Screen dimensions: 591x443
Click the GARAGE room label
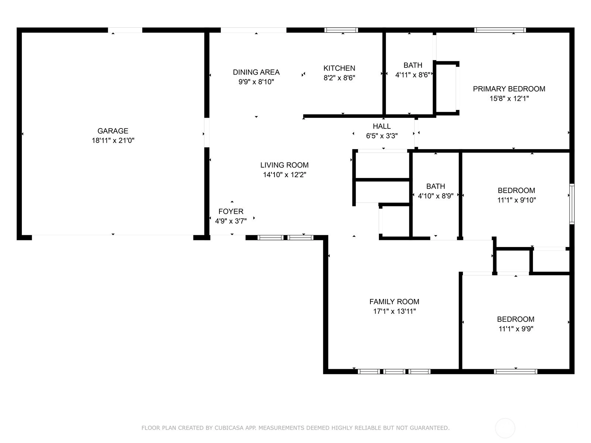pos(113,131)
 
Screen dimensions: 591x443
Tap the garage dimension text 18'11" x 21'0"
pos(113,140)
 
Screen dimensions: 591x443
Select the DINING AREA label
pos(256,72)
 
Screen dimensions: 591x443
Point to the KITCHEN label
pos(339,68)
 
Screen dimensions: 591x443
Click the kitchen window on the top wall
pos(341,30)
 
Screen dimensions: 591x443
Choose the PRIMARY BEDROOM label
pos(509,89)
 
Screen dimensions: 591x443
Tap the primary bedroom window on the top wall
pos(500,30)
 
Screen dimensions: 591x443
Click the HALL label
pos(382,126)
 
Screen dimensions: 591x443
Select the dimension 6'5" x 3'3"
pos(382,136)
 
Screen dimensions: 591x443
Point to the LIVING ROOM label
pos(284,165)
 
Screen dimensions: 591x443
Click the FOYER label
pos(231,212)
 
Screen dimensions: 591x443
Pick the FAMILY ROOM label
pos(394,302)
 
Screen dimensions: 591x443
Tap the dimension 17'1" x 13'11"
pos(394,311)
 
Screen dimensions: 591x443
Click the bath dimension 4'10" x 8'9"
pos(435,196)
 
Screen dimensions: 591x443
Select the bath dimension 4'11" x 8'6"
pos(413,75)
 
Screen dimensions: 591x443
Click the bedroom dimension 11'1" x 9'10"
pos(516,200)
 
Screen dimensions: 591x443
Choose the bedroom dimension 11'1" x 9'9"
pos(516,329)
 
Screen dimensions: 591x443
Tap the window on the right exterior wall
pos(572,204)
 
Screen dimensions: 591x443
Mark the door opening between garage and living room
pos(206,132)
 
